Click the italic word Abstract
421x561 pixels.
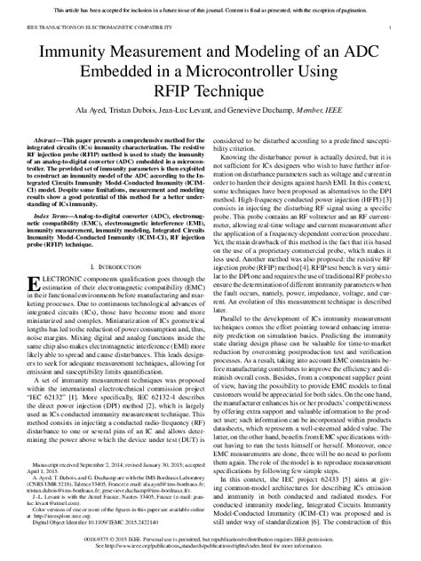coord(44,140)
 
